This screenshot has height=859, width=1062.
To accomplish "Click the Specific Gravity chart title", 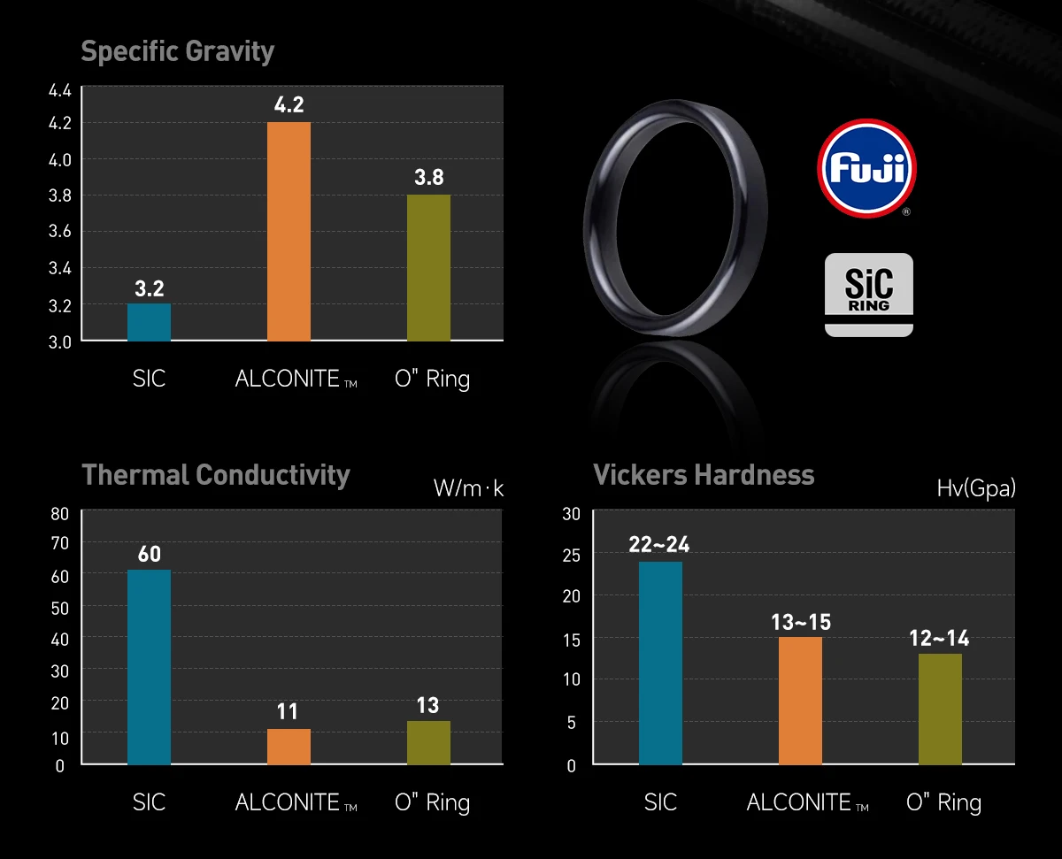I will (177, 51).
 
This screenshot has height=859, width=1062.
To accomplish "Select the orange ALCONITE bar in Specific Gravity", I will (289, 231).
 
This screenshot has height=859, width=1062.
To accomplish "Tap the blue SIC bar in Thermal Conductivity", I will (149, 667).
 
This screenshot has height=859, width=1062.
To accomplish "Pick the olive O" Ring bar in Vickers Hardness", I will (940, 709).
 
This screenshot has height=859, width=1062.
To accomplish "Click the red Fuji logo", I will (866, 168).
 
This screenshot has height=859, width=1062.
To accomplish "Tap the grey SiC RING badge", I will (868, 294).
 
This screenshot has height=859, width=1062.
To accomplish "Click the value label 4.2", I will (289, 105).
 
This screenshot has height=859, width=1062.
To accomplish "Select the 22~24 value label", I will (659, 544).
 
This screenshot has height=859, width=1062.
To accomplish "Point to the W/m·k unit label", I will (468, 488).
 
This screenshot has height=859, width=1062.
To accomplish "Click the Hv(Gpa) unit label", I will (975, 488).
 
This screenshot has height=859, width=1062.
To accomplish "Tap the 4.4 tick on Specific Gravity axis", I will (60, 90).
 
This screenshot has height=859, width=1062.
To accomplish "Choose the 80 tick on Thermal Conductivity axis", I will (60, 514).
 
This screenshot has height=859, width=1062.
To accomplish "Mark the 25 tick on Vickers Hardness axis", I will (571, 556).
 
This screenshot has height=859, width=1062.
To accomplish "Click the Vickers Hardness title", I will (704, 475).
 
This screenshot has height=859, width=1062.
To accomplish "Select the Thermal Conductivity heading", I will (216, 475).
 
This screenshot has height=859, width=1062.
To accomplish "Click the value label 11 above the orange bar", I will (288, 712).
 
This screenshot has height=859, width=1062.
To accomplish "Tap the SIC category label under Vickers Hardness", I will (660, 802).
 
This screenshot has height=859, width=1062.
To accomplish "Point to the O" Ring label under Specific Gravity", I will (432, 380).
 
